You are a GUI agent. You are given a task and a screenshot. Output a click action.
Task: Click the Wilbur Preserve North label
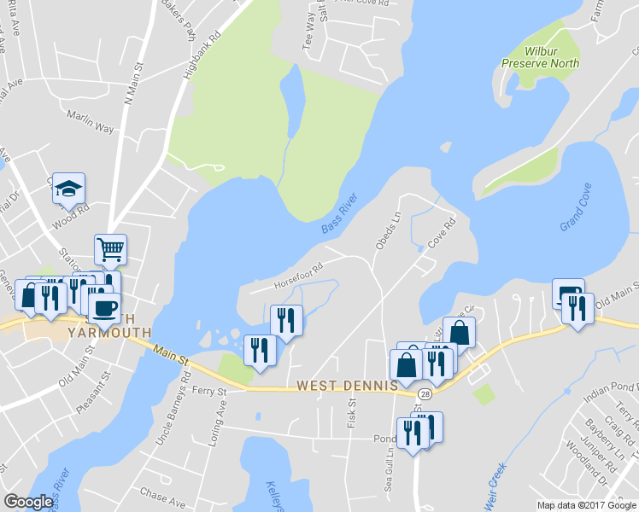(x=540, y=57)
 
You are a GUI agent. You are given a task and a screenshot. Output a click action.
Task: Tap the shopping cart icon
(x=110, y=249)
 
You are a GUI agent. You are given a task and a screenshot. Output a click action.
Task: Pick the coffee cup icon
(x=104, y=308)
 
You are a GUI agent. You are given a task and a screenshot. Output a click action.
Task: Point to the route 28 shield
(x=425, y=393)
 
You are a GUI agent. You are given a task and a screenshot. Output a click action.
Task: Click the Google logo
(x=28, y=503)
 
